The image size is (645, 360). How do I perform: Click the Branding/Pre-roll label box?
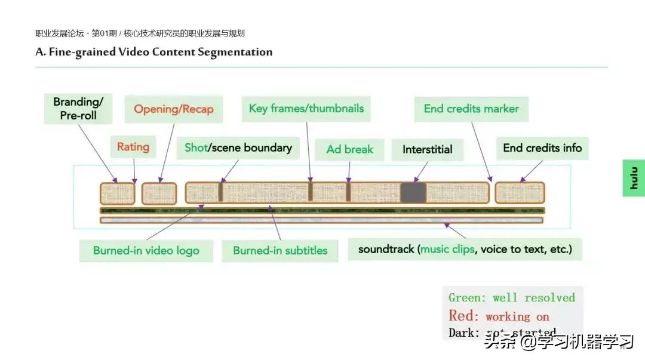tap(78, 109)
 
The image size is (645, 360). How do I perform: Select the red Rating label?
tap(133, 147)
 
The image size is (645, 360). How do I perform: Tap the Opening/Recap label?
tap(173, 109)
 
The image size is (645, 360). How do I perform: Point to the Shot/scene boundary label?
tap(238, 148)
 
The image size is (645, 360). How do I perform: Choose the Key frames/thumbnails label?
tap(306, 109)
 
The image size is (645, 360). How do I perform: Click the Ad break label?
tap(349, 149)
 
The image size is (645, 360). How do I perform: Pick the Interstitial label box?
tap(427, 149)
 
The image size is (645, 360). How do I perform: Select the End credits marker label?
tap(471, 109)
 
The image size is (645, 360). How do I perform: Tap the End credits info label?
tap(542, 148)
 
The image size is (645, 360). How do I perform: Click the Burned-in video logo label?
tap(146, 251)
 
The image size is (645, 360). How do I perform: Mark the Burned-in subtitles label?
tap(280, 251)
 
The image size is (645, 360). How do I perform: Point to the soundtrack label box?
tap(465, 250)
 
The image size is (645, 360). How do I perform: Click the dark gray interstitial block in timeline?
tap(413, 193)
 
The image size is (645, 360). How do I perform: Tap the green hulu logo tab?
tap(634, 178)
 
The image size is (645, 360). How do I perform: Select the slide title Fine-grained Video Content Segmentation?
tap(154, 52)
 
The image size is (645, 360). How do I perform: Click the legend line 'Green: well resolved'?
tap(511, 298)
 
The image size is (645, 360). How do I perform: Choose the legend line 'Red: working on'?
tap(499, 316)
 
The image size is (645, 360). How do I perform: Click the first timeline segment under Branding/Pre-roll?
tap(117, 193)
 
